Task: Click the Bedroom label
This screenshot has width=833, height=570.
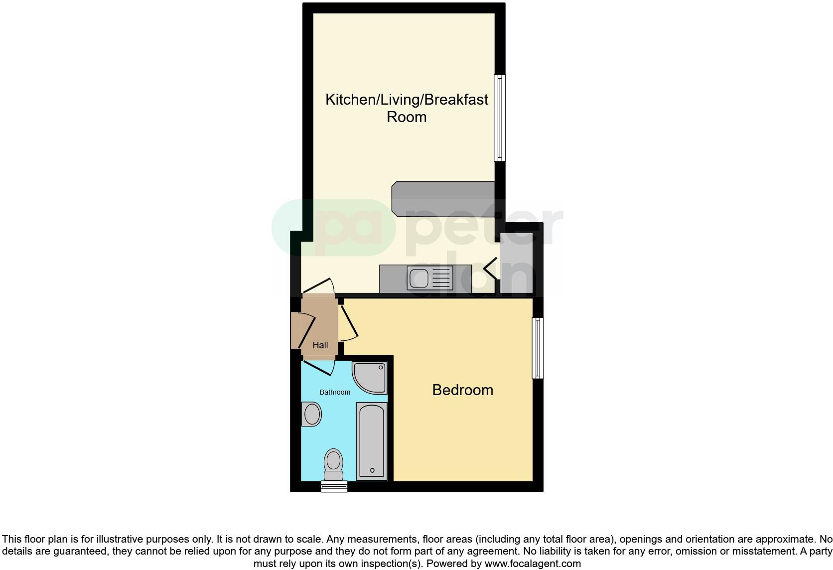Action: click(462, 390)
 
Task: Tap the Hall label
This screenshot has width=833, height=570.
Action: click(320, 345)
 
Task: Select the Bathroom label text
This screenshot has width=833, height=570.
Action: click(335, 392)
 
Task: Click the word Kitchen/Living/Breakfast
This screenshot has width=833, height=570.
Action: click(407, 99)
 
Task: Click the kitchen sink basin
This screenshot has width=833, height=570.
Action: click(418, 278)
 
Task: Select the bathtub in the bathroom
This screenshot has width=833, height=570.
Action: click(372, 441)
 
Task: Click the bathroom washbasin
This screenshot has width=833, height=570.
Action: click(312, 414)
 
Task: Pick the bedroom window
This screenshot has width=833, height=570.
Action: click(538, 348)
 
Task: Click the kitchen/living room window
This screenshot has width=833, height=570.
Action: click(499, 118)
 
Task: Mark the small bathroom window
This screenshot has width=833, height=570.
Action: click(334, 487)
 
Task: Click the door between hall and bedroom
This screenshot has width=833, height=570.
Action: click(349, 323)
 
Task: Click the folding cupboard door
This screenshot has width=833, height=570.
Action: click(490, 269)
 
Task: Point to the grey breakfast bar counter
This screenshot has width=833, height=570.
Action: click(443, 199)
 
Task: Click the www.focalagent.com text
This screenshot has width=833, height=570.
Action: click(533, 564)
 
